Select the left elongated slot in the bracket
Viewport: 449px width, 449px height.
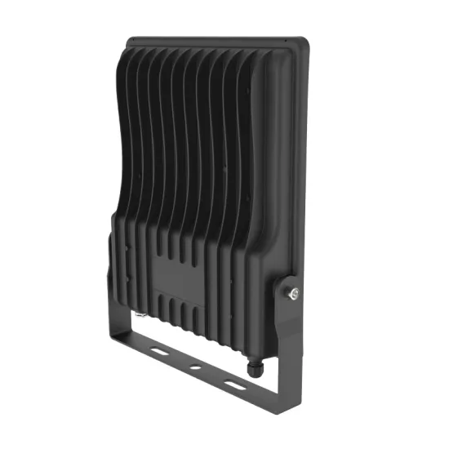coord(155,349)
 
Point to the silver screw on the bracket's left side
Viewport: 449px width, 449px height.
coord(140,312)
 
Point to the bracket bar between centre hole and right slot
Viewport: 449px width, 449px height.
coord(214,376)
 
